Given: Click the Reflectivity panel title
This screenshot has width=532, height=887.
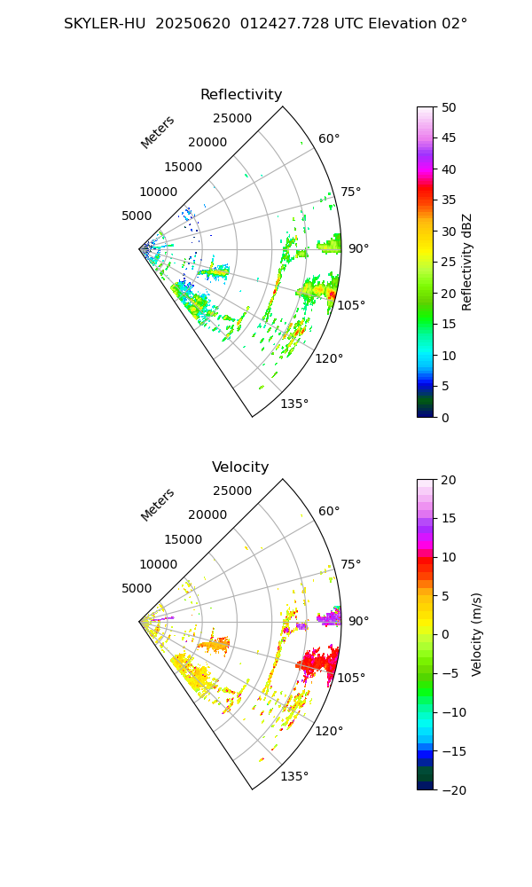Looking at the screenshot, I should pyautogui.click(x=241, y=95).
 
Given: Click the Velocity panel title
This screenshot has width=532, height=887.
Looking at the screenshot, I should pyautogui.click(x=240, y=467).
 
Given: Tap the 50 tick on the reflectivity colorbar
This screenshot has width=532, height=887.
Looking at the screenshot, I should pyautogui.click(x=450, y=107).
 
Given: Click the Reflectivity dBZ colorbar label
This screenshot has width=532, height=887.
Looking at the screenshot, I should pyautogui.click(x=467, y=262).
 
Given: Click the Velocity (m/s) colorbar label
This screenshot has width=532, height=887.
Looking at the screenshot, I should pyautogui.click(x=477, y=634).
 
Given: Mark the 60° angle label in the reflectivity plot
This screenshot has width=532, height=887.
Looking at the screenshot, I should pyautogui.click(x=329, y=138).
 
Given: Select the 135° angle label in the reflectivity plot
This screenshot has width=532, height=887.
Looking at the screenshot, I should pyautogui.click(x=294, y=404).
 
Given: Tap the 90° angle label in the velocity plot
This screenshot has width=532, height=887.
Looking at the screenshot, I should pyautogui.click(x=358, y=621).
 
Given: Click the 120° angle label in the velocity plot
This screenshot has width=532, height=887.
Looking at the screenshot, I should pyautogui.click(x=329, y=731).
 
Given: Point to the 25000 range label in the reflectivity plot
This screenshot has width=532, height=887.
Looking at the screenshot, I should pyautogui.click(x=232, y=119).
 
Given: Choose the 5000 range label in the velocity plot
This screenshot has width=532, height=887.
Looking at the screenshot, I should pyautogui.click(x=137, y=588).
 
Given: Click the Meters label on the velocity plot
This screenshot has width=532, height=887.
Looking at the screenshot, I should pyautogui.click(x=158, y=505).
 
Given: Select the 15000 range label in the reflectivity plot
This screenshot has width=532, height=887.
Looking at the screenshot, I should pyautogui.click(x=183, y=167).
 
